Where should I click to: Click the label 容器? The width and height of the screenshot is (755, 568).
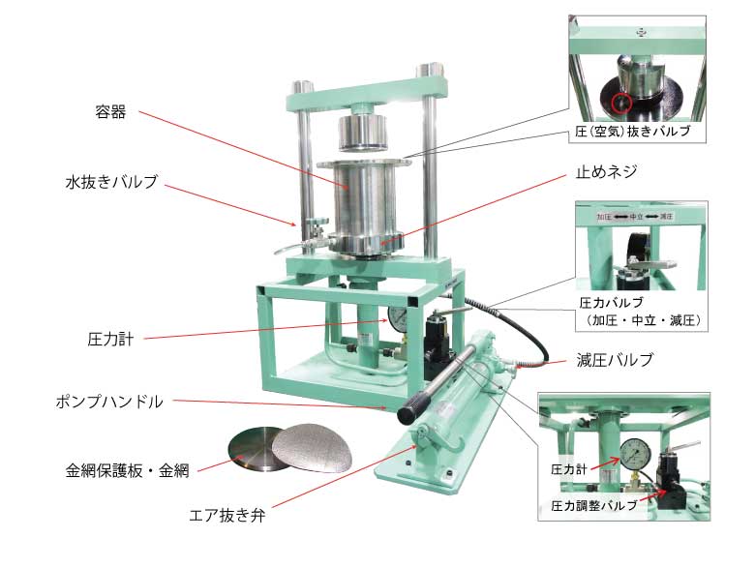[110, 112]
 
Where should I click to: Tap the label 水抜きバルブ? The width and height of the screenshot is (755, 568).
[111, 182]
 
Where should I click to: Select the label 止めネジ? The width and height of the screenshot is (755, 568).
[606, 171]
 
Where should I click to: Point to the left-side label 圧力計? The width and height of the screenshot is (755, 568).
[110, 340]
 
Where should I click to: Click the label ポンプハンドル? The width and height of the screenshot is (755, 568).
[109, 402]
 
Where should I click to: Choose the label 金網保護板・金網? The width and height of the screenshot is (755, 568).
[127, 470]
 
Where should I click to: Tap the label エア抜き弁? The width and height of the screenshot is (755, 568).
[227, 516]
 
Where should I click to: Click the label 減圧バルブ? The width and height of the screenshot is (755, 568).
[615, 360]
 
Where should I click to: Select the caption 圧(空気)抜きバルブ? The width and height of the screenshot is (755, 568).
[633, 131]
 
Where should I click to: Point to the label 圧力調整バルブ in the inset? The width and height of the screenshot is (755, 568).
[594, 505]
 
